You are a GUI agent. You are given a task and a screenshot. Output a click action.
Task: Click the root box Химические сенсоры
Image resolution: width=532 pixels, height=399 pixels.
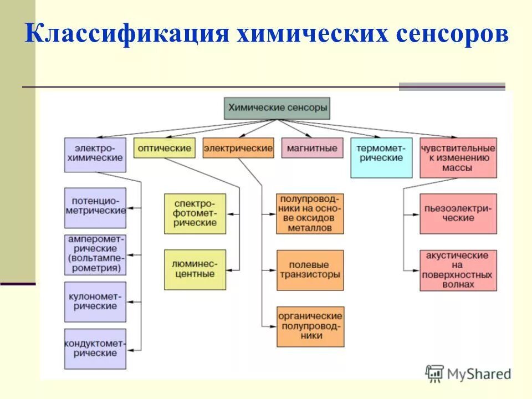tap(277, 109)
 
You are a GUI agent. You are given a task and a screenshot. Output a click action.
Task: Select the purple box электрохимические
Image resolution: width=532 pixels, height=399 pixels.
tap(95, 155)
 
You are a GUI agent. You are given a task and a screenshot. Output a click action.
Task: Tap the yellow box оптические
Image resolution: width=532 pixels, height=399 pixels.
tap(164, 148)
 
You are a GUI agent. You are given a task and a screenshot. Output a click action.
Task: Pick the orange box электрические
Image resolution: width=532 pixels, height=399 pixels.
tap(238, 148)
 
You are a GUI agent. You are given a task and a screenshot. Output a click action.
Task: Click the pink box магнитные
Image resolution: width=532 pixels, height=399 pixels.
tap(312, 148)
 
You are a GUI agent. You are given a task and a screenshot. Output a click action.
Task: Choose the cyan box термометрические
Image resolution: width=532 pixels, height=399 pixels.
tap(381, 157)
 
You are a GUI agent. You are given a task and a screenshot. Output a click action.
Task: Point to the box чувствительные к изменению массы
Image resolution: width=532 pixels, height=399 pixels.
tap(458, 157)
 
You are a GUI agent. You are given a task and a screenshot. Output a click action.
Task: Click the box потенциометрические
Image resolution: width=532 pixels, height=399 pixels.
tap(95, 208)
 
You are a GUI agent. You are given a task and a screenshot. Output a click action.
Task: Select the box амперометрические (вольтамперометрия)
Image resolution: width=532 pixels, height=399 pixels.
tap(95, 254)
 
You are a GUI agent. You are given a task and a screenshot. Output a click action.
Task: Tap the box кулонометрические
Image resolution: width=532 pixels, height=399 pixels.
tap(95, 302)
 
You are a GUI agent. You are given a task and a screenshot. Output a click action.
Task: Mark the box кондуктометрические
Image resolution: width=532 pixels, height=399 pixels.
tap(95, 349)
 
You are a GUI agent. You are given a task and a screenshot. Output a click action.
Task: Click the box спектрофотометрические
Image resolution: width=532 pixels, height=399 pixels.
tap(195, 213)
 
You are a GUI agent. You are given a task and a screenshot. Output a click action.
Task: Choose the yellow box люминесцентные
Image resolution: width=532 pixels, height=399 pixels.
tap(195, 269)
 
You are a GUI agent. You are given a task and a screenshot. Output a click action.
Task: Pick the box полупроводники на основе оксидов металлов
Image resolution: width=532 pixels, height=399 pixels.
tap(310, 213)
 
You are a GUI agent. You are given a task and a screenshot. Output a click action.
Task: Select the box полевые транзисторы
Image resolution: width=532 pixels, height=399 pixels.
tap(310, 270)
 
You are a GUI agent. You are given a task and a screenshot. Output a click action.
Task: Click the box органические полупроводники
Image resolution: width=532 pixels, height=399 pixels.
tap(310, 326)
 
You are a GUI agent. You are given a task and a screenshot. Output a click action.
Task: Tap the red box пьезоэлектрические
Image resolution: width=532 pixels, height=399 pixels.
tap(458, 213)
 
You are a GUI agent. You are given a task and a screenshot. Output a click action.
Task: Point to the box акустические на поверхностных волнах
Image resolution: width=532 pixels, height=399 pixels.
tap(458, 270)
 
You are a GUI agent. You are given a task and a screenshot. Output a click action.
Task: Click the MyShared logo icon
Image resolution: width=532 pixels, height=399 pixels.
tap(434, 373)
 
